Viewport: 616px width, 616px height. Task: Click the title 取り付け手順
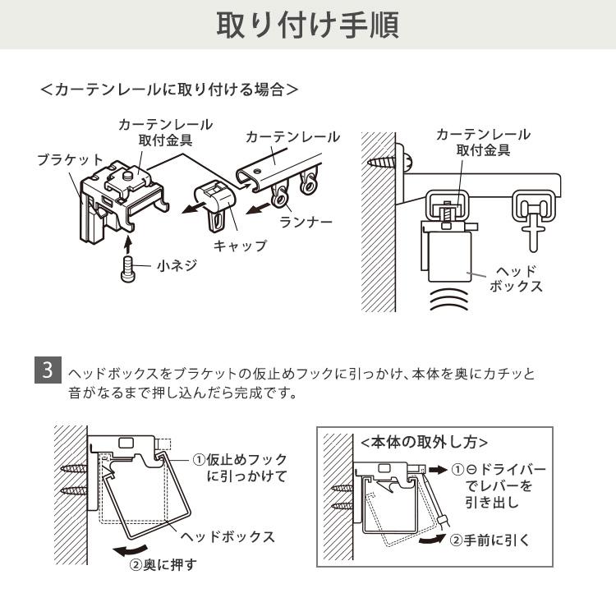pyautogui.click(x=307, y=25)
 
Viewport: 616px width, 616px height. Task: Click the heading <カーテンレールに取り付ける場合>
pyautogui.click(x=168, y=88)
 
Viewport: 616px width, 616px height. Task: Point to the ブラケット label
pyautogui.click(x=70, y=159)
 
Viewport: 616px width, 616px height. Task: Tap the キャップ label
pyautogui.click(x=240, y=246)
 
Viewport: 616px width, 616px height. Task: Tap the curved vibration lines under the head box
pyautogui.click(x=447, y=300)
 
